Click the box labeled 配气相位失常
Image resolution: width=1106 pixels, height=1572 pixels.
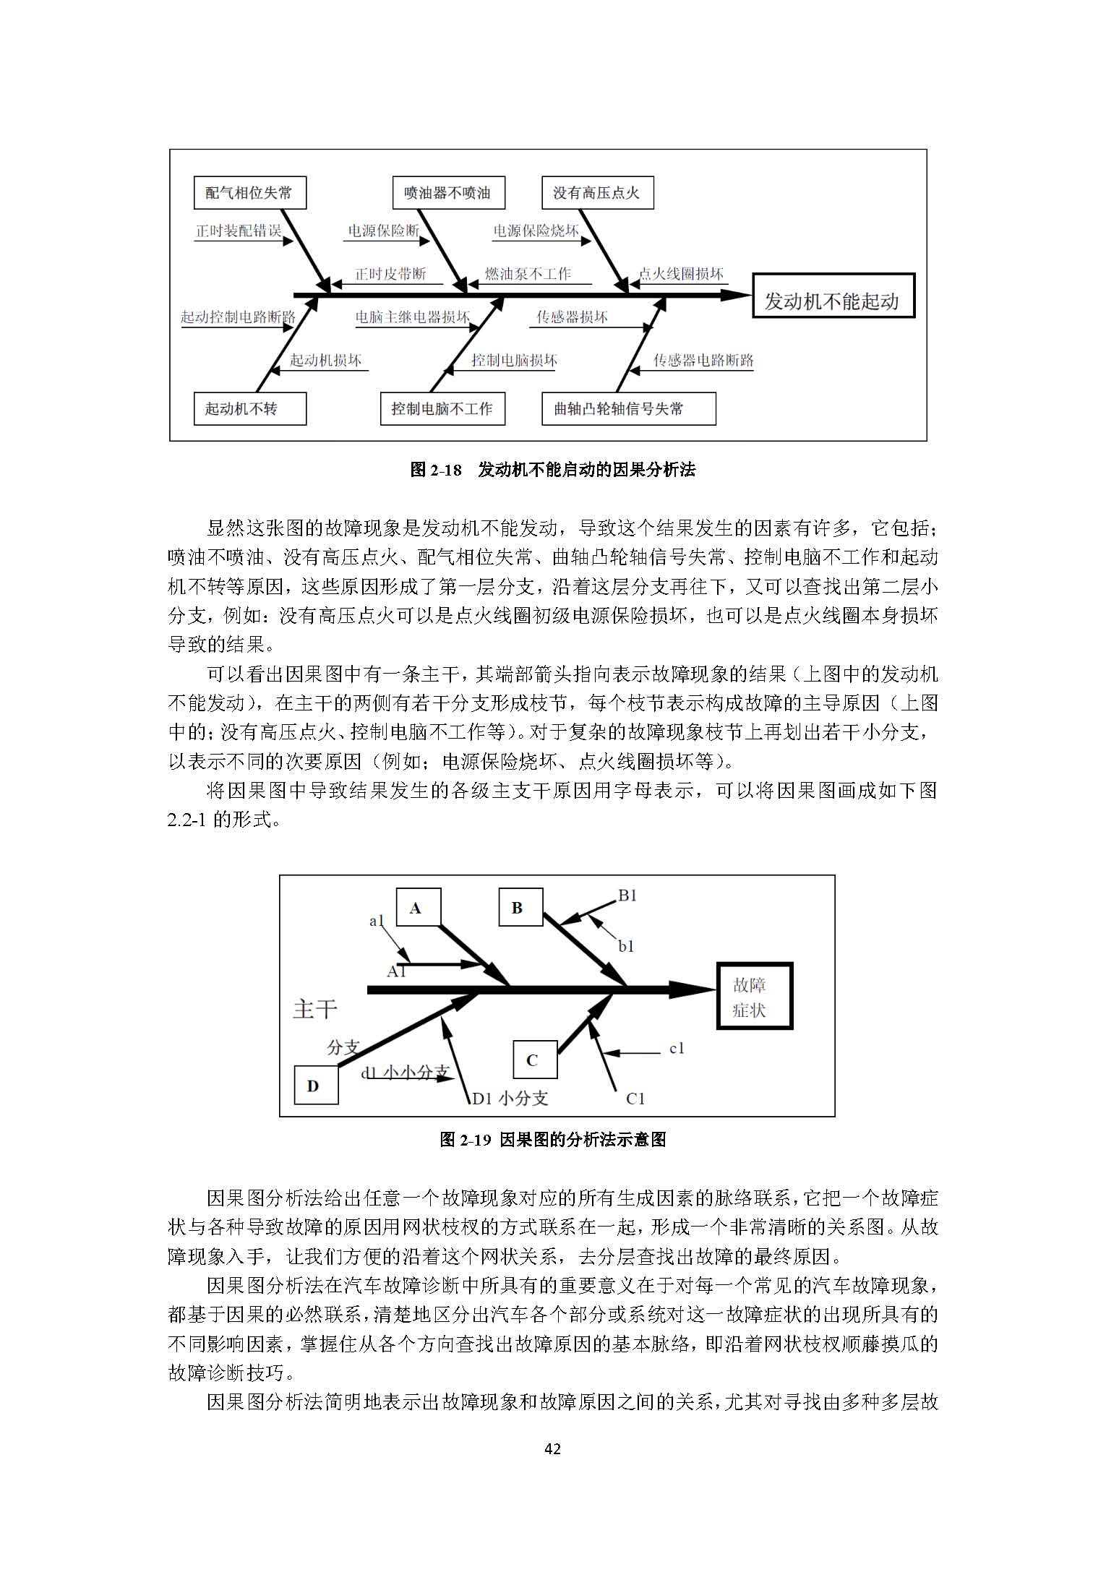pos(249,193)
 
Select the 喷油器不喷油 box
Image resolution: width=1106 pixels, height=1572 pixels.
pos(447,193)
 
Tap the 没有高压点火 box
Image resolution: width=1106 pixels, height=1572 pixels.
pos(597,193)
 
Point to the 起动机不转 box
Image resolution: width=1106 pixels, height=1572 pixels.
pos(250,408)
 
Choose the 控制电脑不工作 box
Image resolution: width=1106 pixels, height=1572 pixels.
pos(442,408)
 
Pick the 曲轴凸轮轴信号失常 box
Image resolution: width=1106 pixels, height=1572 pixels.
pos(629,408)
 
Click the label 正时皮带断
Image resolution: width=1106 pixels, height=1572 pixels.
pos(390,275)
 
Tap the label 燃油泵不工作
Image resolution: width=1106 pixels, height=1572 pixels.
pos(528,275)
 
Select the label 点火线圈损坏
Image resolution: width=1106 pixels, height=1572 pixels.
pos(681,275)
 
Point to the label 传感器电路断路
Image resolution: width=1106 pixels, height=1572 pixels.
pos(703,361)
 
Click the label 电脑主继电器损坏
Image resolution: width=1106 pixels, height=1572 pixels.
pos(412,317)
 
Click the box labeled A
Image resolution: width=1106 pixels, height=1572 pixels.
pos(419,908)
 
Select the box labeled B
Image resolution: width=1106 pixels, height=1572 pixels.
pos(520,908)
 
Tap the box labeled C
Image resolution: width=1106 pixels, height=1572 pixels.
pos(535,1060)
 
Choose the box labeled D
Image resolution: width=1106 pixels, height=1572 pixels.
pos(316,1086)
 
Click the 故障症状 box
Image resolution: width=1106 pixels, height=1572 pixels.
pos(754,996)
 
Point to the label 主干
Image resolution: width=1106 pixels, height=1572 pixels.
pos(315,1009)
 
